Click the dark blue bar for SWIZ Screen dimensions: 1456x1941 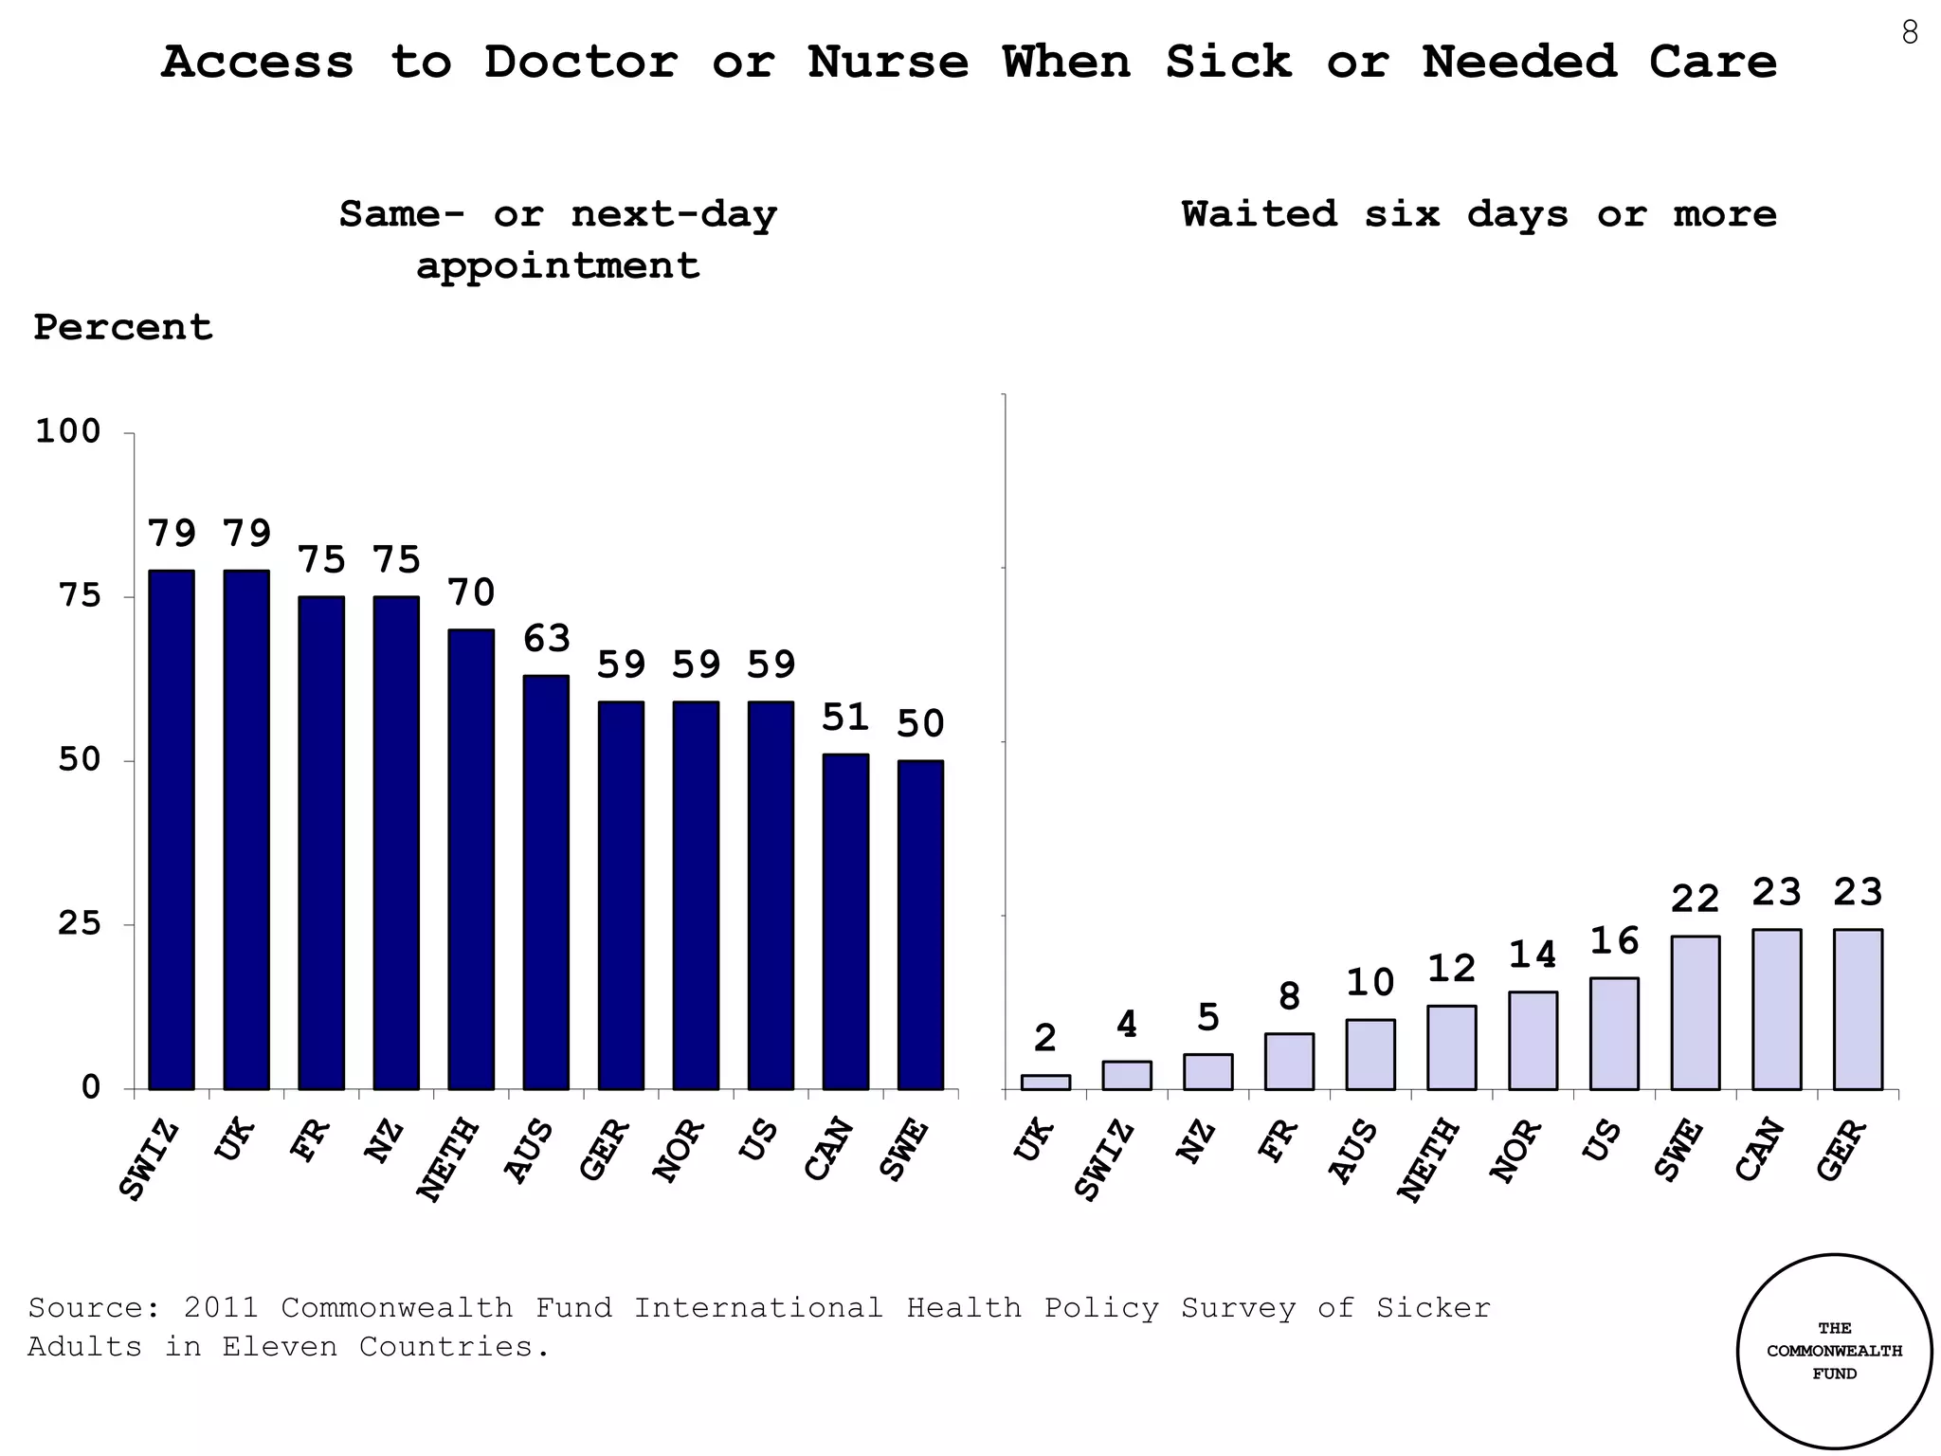(172, 829)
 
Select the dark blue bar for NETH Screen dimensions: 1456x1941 (471, 859)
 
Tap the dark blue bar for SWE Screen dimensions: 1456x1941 (920, 924)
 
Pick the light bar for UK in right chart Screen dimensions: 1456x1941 (1045, 1082)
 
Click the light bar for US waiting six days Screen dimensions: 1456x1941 (1614, 1033)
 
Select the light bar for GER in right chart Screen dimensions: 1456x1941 (1858, 1009)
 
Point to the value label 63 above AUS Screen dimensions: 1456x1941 (547, 639)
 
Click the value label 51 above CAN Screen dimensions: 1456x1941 (845, 718)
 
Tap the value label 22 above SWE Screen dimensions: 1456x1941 (1695, 899)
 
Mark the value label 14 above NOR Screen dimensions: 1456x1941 (1533, 955)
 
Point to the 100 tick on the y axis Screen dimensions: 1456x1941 (67, 431)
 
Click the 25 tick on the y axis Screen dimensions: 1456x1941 (79, 923)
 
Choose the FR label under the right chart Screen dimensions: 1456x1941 (1277, 1141)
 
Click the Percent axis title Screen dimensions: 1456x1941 (123, 328)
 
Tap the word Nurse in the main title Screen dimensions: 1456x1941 (888, 63)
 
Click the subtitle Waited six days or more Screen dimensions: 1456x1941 (1478, 214)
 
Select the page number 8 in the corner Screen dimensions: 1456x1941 (1909, 34)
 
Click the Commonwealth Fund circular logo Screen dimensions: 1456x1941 (1834, 1351)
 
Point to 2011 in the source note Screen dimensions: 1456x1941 (221, 1308)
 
